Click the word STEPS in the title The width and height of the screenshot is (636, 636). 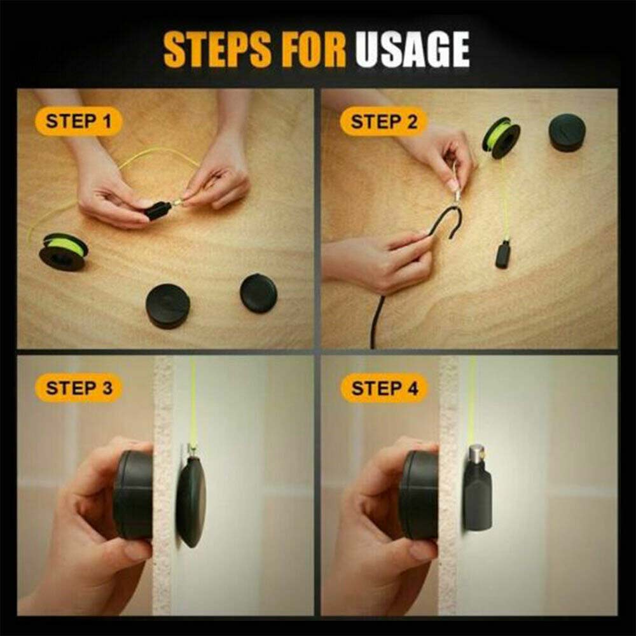pyautogui.click(x=218, y=49)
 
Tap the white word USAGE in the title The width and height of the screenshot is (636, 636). pyautogui.click(x=413, y=49)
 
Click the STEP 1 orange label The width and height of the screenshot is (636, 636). pyautogui.click(x=78, y=121)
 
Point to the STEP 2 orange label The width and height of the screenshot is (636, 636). pyautogui.click(x=384, y=121)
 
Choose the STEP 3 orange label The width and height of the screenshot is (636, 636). pyautogui.click(x=79, y=388)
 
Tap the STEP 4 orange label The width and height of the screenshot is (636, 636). pyautogui.click(x=384, y=388)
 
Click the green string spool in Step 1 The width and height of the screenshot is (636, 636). pyautogui.click(x=63, y=251)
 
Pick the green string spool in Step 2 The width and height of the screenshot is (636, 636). pyautogui.click(x=501, y=137)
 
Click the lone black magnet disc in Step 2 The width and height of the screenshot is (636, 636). pyautogui.click(x=567, y=133)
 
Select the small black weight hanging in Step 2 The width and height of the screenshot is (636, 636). pyautogui.click(x=503, y=254)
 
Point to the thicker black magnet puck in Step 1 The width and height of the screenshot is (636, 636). pyautogui.click(x=168, y=306)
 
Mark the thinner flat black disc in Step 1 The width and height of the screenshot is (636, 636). pyautogui.click(x=258, y=293)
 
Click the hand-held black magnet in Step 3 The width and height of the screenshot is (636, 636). pyautogui.click(x=134, y=494)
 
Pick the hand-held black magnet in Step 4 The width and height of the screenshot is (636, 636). pyautogui.click(x=419, y=494)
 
